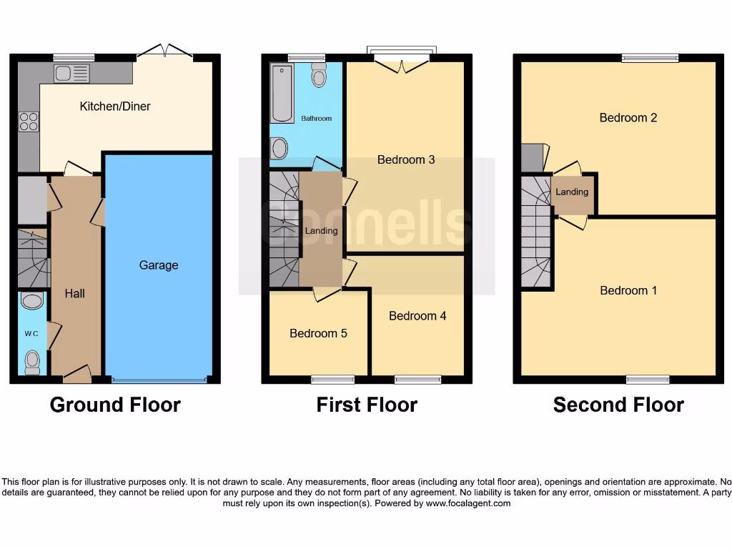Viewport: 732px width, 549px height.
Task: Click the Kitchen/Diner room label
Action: pyautogui.click(x=115, y=107)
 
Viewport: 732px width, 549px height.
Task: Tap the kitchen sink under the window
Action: pyautogui.click(x=72, y=73)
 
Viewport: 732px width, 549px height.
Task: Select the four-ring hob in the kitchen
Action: pyautogui.click(x=29, y=122)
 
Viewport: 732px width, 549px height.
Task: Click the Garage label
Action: pyautogui.click(x=158, y=265)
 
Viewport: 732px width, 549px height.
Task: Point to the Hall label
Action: pyautogui.click(x=75, y=293)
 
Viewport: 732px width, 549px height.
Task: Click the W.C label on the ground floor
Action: pyautogui.click(x=31, y=333)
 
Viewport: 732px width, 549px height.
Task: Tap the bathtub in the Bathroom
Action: pyautogui.click(x=282, y=93)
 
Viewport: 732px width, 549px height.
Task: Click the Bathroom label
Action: pyautogui.click(x=316, y=119)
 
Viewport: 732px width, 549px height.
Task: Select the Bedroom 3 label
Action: pyautogui.click(x=406, y=160)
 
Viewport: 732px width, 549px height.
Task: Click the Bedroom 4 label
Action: pyautogui.click(x=417, y=316)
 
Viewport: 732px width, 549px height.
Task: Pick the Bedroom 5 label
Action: pyautogui.click(x=318, y=333)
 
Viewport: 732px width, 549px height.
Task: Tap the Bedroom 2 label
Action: pyautogui.click(x=628, y=118)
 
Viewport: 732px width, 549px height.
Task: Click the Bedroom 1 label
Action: pyautogui.click(x=628, y=290)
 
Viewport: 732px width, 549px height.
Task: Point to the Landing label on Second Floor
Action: pyautogui.click(x=572, y=192)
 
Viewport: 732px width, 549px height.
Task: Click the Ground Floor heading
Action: pyautogui.click(x=115, y=405)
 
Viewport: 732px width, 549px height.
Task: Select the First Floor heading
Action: pyautogui.click(x=367, y=405)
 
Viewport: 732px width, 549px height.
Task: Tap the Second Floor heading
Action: pyautogui.click(x=618, y=405)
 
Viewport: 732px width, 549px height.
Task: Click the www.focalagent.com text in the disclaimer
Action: pyautogui.click(x=468, y=503)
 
